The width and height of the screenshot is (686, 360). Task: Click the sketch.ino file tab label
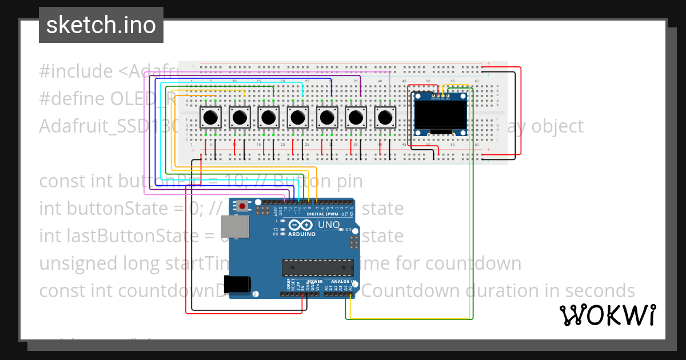tap(101, 25)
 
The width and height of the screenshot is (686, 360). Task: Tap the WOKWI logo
tap(607, 315)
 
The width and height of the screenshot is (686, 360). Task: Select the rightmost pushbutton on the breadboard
tap(385, 118)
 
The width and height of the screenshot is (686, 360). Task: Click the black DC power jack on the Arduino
tap(237, 284)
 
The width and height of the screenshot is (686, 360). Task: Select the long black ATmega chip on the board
tap(316, 267)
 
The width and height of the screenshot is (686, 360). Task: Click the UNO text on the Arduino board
tap(328, 225)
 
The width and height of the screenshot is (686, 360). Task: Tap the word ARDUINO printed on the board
tap(301, 234)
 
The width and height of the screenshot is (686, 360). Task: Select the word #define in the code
tap(72, 99)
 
